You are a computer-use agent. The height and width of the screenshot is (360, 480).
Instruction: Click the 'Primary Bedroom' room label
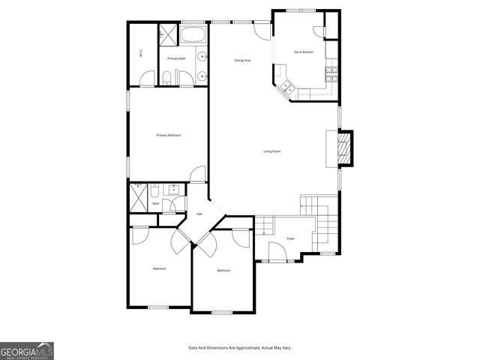[168, 135]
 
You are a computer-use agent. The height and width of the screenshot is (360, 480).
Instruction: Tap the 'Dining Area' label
[242, 60]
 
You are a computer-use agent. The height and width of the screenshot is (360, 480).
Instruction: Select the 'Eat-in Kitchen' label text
[304, 52]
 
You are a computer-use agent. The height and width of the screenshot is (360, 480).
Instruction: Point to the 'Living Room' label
[271, 151]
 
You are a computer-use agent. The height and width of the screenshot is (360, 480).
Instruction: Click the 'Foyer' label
[290, 238]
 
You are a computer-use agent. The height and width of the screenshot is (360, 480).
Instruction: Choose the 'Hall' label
[199, 214]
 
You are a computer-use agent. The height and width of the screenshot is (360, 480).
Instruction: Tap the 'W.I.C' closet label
[140, 52]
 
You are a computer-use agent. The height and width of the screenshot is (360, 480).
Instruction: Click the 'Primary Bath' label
[177, 58]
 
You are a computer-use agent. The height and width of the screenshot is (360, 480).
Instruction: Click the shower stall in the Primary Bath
[166, 33]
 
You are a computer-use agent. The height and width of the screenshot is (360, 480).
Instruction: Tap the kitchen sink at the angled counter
[286, 88]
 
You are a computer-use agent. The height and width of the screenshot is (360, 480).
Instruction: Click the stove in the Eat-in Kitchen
[331, 73]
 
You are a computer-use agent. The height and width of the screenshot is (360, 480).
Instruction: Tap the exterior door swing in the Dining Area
[261, 31]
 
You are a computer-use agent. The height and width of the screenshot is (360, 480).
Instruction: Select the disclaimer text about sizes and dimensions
[239, 348]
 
